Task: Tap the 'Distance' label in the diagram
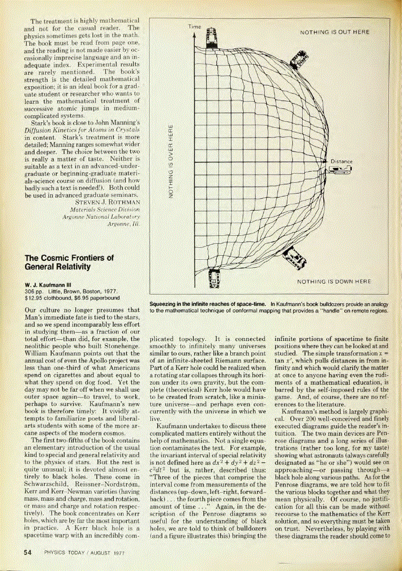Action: [341, 162]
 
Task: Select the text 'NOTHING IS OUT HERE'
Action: [335, 33]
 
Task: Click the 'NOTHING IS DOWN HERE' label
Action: [334, 282]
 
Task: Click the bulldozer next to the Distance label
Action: [341, 169]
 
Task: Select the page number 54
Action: [27, 552]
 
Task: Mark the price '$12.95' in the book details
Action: [34, 297]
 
